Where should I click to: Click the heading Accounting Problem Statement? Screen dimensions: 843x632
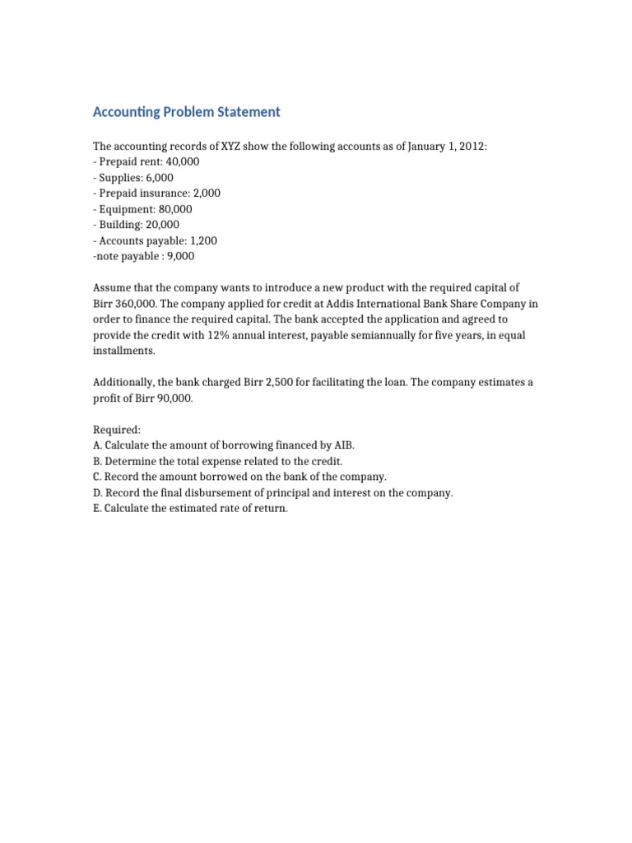click(x=187, y=112)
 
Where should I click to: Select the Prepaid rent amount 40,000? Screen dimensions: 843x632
click(x=183, y=162)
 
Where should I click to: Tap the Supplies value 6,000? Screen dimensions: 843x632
click(x=158, y=178)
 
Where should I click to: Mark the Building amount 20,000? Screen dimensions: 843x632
click(x=163, y=225)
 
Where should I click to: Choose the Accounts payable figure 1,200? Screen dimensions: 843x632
click(x=202, y=240)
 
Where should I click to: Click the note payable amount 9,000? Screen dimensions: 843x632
click(x=179, y=256)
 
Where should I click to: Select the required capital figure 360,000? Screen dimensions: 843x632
click(x=135, y=303)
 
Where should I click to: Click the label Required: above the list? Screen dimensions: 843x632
click(x=117, y=430)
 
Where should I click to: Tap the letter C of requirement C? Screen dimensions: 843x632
click(x=96, y=477)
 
